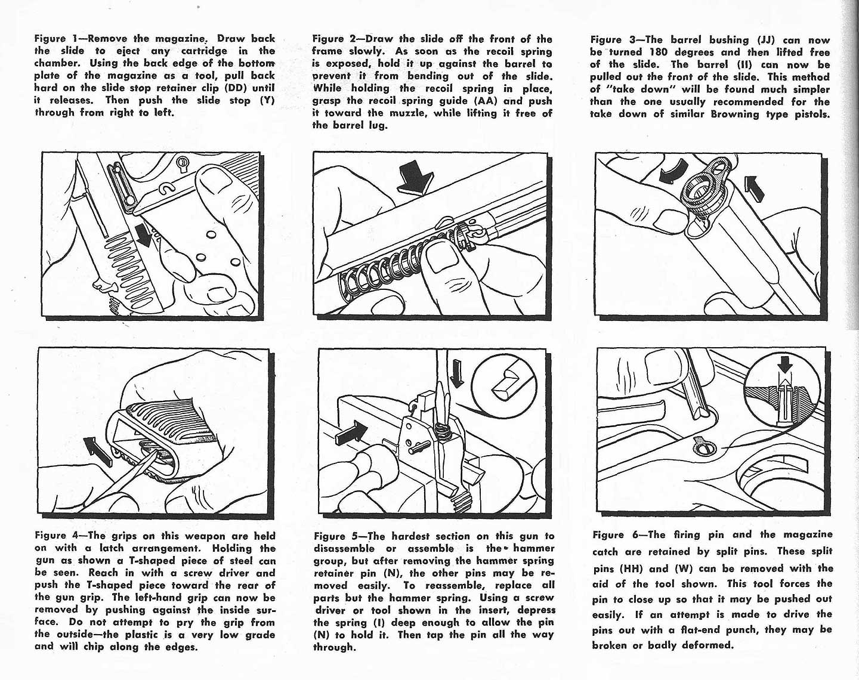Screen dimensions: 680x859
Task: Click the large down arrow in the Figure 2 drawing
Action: pos(416,177)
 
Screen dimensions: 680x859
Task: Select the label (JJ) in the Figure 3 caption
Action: pos(767,40)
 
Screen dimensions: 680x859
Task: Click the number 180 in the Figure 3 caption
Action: pos(657,52)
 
